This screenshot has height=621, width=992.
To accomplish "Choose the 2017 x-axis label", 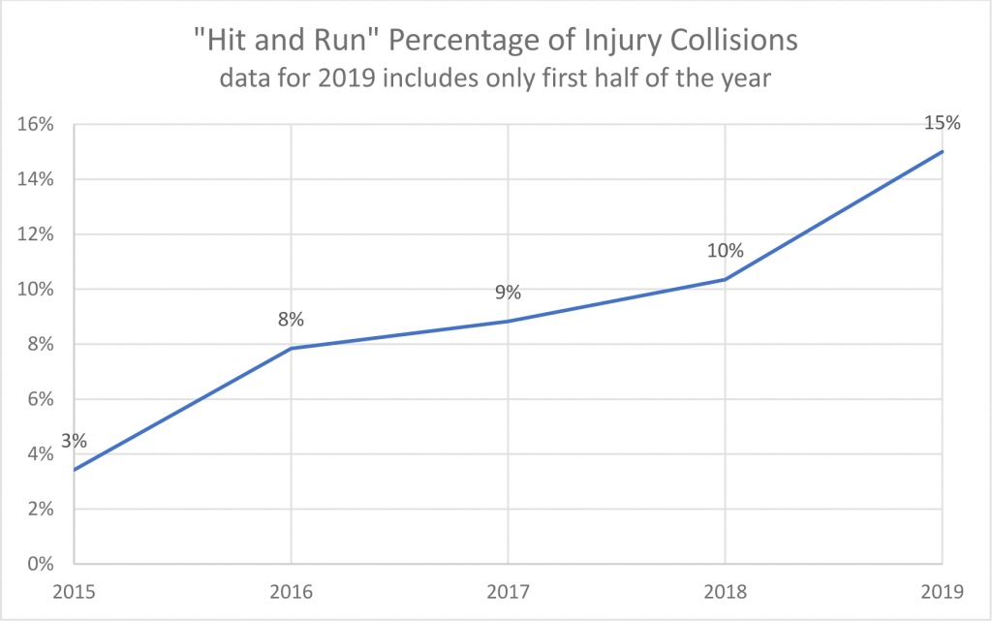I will pyautogui.click(x=508, y=590).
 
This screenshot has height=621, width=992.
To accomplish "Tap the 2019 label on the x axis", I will pyautogui.click(x=941, y=590).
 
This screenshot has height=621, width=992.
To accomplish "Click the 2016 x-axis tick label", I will pyautogui.click(x=292, y=590).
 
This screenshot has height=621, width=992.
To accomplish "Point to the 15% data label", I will pyautogui.click(x=942, y=123).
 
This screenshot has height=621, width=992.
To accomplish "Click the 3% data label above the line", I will pyautogui.click(x=74, y=441).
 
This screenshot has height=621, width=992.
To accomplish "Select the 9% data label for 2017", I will pyautogui.click(x=508, y=292).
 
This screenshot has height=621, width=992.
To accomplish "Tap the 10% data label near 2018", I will pyautogui.click(x=725, y=251).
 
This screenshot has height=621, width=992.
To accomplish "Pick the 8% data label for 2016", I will pyautogui.click(x=292, y=319).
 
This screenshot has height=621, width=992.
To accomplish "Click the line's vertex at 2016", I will pyautogui.click(x=292, y=348).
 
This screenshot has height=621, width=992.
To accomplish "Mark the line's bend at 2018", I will pyautogui.click(x=725, y=279).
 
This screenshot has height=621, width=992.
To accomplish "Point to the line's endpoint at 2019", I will pyautogui.click(x=942, y=151).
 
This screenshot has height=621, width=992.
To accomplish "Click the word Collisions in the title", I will pyautogui.click(x=722, y=43).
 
